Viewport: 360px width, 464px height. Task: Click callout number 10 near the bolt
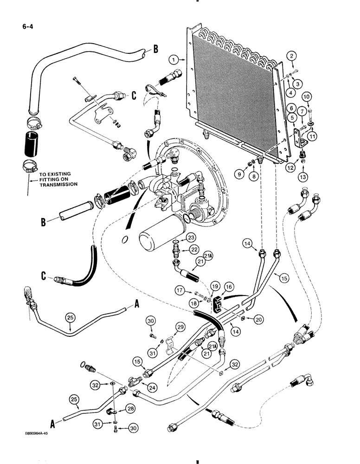307,96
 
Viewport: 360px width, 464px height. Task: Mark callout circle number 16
230,288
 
